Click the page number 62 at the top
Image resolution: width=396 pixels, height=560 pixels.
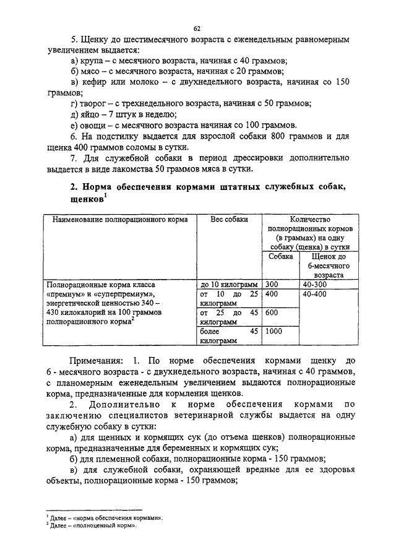(198, 28)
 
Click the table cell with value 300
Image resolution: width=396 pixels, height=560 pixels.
(272, 284)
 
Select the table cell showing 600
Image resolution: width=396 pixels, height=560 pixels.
(272, 313)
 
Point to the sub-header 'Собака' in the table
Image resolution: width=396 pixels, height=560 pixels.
(280, 256)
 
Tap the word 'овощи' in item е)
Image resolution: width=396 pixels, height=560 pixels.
(95, 125)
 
